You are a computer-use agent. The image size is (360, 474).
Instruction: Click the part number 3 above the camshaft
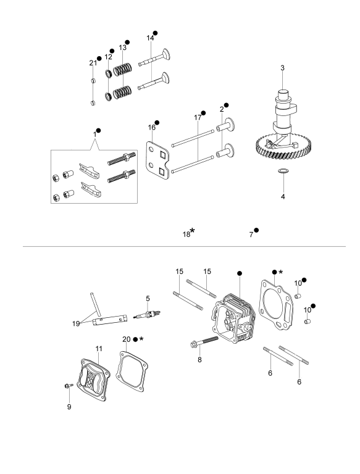[282, 68]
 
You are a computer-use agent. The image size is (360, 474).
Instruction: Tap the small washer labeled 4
[283, 171]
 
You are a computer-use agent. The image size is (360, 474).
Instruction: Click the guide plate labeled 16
[158, 160]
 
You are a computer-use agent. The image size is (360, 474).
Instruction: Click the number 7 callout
[251, 235]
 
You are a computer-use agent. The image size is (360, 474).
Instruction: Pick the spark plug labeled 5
[147, 315]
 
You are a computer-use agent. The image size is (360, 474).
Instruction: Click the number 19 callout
[76, 323]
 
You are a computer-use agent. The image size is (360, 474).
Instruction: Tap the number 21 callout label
[93, 63]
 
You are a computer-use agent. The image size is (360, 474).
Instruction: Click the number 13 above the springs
[122, 48]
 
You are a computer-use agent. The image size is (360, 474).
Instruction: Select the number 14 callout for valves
[150, 38]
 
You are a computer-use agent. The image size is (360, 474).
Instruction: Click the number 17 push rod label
[198, 118]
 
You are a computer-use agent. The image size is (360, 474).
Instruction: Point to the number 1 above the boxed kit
[94, 134]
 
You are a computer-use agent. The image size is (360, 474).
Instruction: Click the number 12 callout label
[108, 57]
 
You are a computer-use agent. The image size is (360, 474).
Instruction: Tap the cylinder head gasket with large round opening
[275, 306]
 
